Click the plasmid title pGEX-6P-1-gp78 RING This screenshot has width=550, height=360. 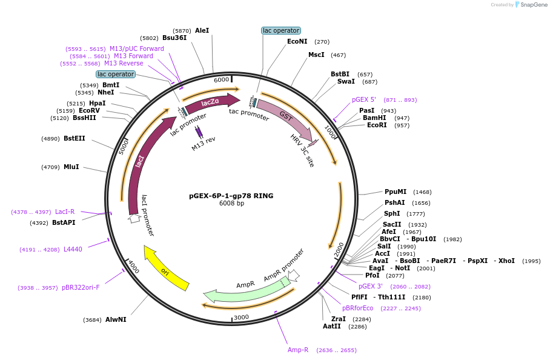(x=231, y=196)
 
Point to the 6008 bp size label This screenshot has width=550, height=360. (x=231, y=204)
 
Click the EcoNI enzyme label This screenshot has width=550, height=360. (x=297, y=42)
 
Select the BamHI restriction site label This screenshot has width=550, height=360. (x=374, y=118)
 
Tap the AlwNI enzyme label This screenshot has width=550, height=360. (x=116, y=319)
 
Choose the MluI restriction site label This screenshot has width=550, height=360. (x=71, y=167)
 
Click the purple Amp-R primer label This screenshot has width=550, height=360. (x=298, y=350)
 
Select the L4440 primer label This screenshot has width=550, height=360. (x=73, y=249)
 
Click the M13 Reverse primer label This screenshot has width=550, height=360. (x=124, y=63)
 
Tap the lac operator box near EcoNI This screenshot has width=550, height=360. (x=280, y=30)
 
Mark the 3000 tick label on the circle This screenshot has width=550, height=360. (x=241, y=317)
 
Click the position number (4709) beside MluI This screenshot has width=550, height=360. (x=50, y=167)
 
